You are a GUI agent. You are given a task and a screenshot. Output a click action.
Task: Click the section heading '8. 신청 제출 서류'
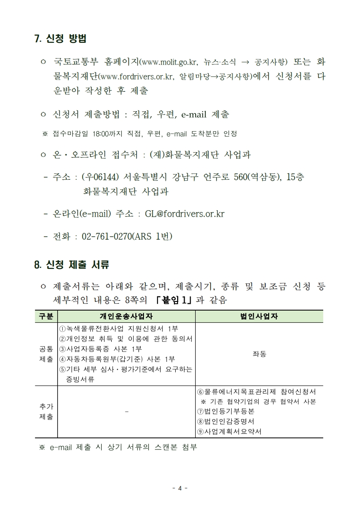[x=71, y=264]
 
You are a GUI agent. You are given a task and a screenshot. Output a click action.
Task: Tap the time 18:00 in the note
[x=99, y=134]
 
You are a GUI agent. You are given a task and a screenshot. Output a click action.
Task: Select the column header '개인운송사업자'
[x=126, y=316]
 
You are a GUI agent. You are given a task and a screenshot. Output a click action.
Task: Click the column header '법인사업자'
[x=259, y=316]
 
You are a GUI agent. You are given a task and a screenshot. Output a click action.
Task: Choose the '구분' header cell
[x=46, y=316]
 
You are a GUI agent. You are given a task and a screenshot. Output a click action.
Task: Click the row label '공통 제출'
[x=46, y=354]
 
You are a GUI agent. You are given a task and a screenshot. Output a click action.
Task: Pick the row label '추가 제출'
[x=46, y=411]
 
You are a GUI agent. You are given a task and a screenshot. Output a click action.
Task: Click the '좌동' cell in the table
[x=259, y=354]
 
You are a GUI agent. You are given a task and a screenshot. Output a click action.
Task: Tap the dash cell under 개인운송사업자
[x=126, y=411]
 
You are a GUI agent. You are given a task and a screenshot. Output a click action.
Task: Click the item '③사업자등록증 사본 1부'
[x=101, y=349]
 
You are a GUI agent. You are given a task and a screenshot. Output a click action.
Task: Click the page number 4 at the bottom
[x=180, y=489]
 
